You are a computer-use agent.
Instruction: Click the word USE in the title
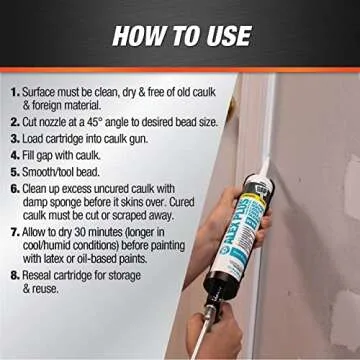[x=224, y=36]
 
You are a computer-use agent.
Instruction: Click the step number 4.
[x=13, y=155]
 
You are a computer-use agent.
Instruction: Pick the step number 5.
[x=13, y=171]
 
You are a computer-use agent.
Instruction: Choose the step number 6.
[x=13, y=188]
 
